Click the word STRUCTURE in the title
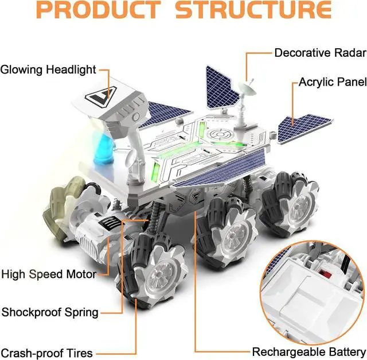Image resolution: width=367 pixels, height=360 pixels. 253,10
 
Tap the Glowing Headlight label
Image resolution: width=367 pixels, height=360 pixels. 48,70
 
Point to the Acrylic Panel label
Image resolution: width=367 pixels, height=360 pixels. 332,82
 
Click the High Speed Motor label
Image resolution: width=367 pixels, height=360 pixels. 48,274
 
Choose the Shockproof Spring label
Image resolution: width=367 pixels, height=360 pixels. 50,312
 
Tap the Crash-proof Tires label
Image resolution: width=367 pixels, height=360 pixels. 46,353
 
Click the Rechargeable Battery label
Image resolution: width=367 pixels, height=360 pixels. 309,351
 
